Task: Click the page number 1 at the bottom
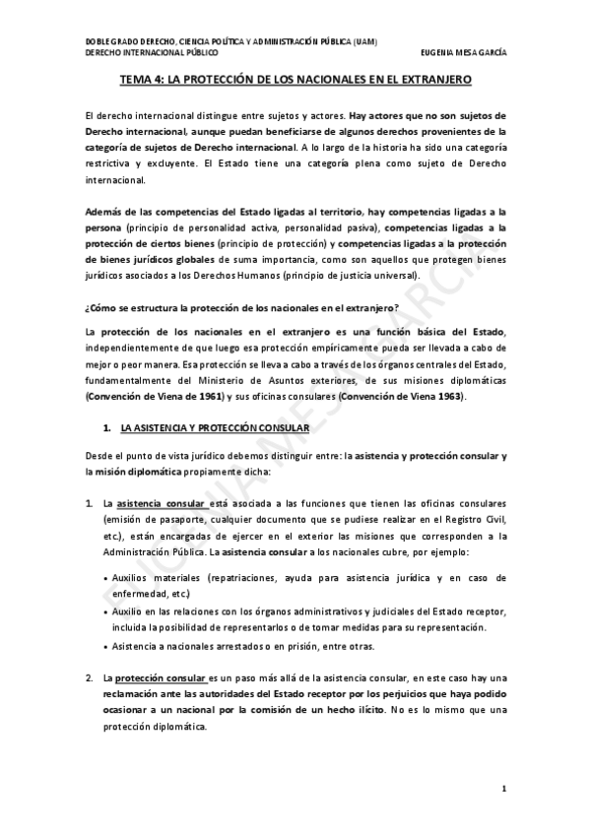click(x=503, y=788)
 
